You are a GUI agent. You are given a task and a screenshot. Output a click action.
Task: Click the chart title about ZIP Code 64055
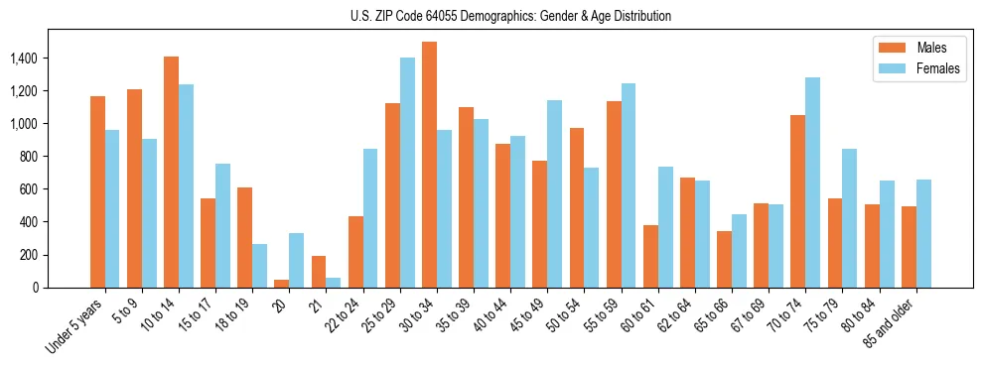point(510,16)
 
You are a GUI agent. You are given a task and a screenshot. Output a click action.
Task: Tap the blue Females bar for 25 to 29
point(407,173)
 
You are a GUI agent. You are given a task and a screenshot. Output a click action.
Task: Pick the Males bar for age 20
point(281,284)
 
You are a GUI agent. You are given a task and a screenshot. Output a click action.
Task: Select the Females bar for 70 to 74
point(812,183)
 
